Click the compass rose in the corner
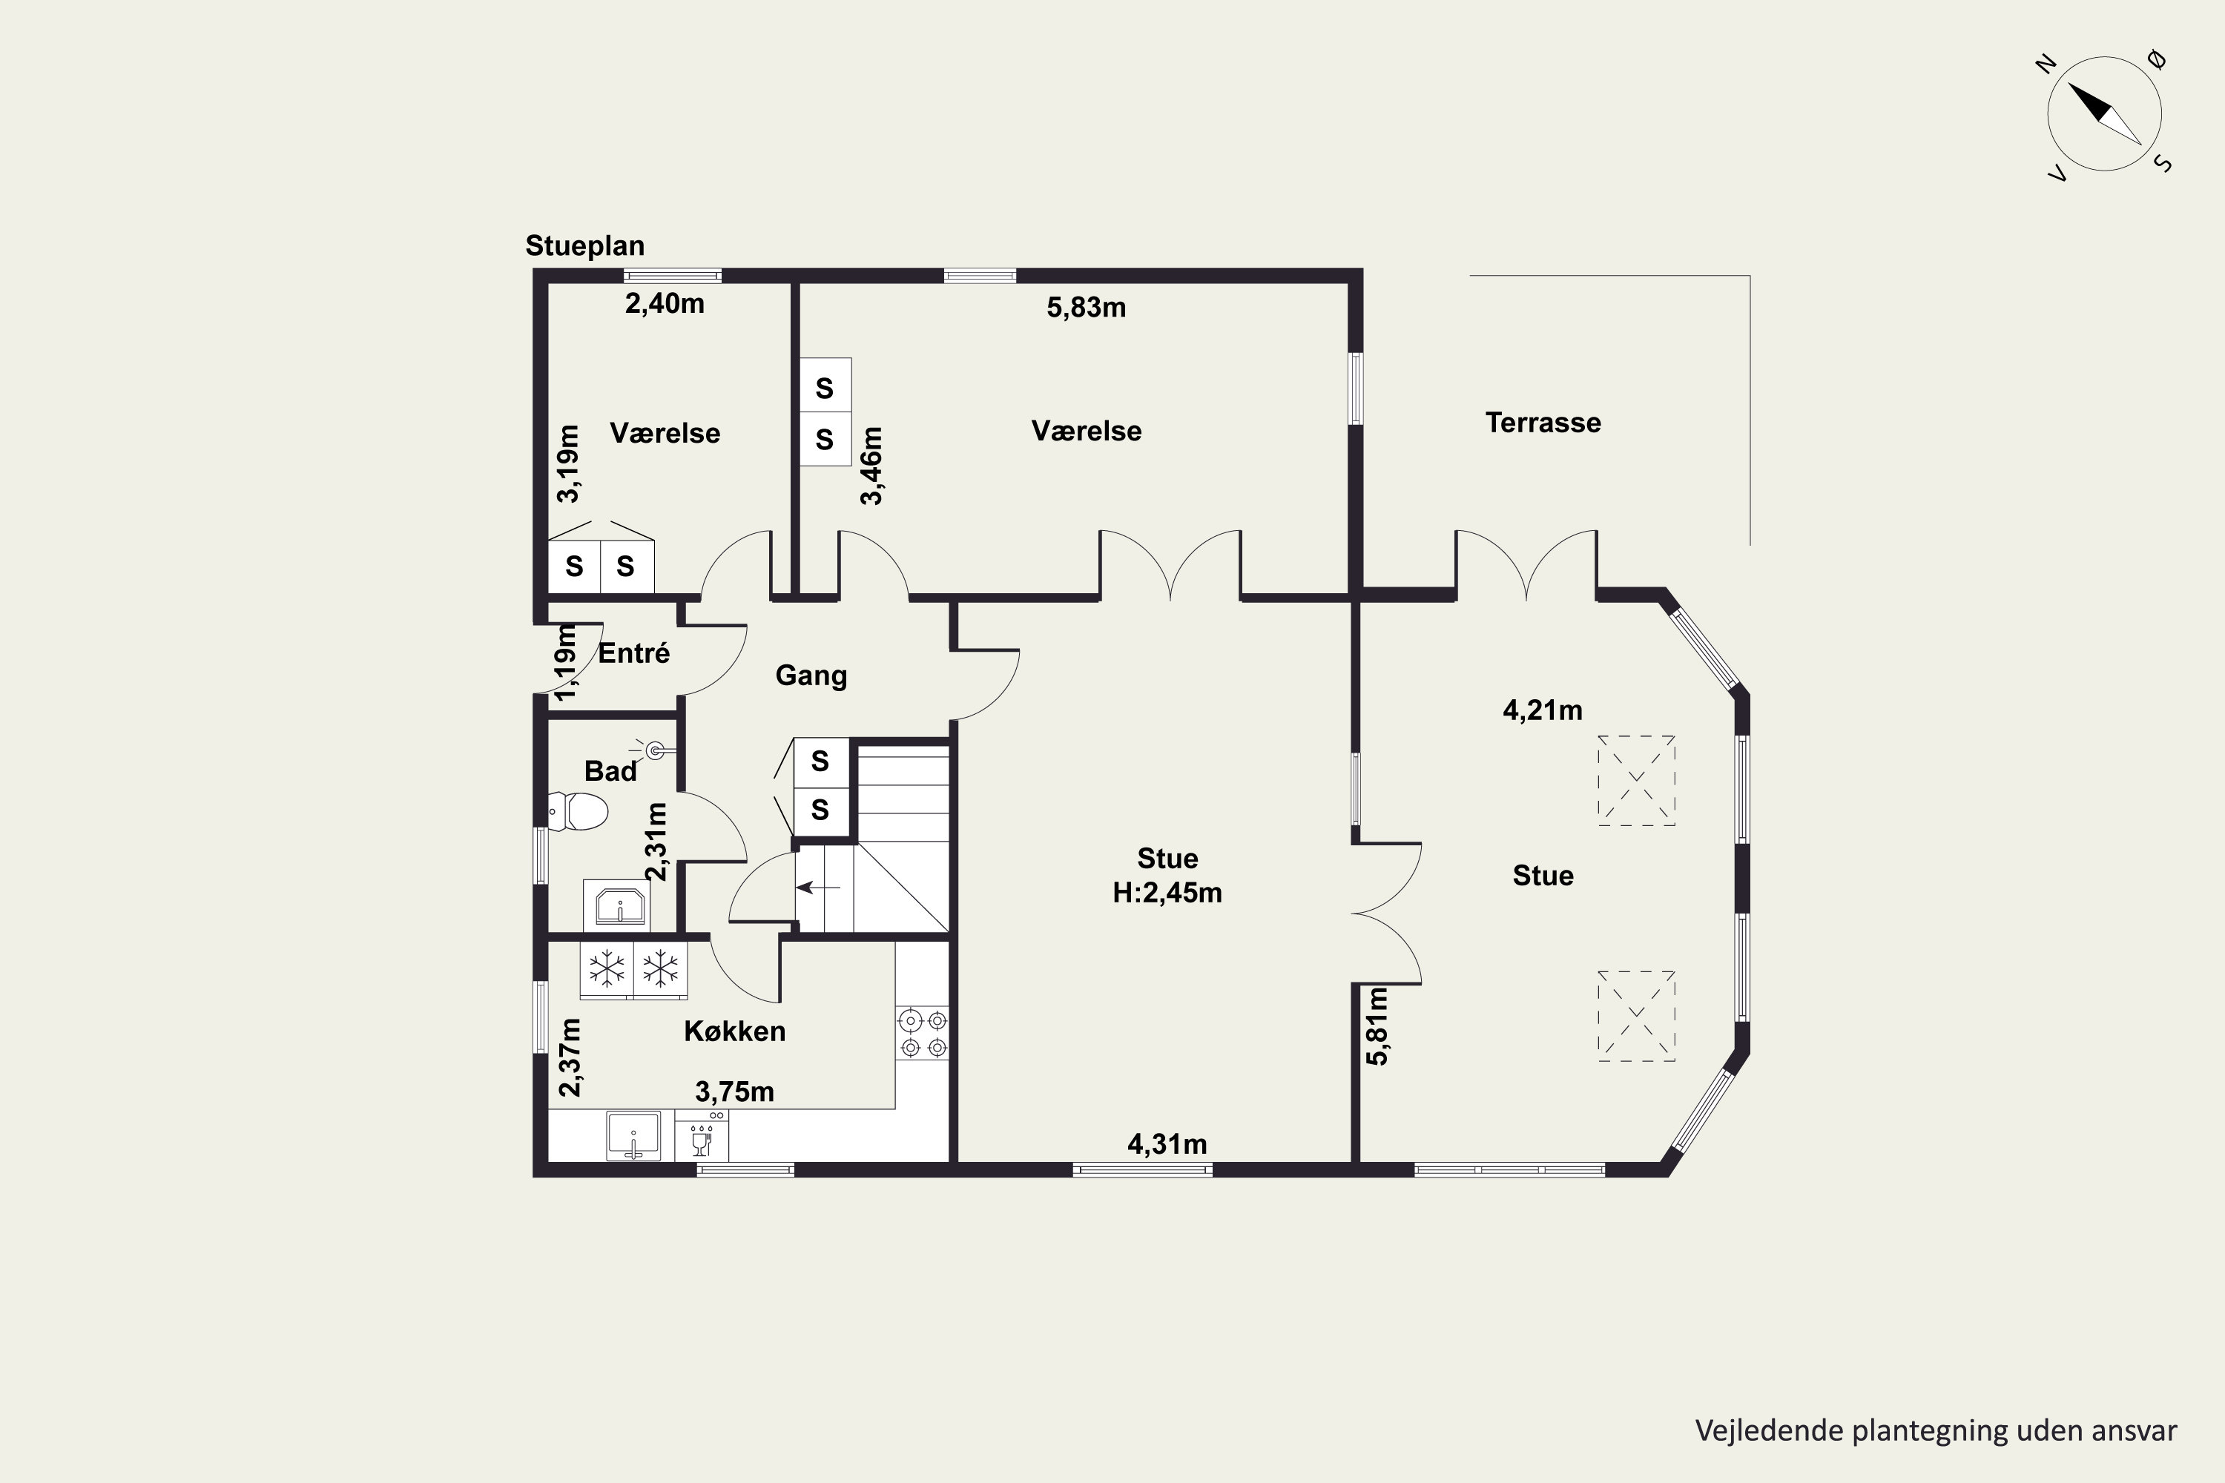point(2104,113)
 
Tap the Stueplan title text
point(584,246)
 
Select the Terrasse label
point(1543,423)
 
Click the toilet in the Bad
point(578,811)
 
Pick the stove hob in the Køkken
point(923,1033)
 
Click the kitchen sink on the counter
point(633,1135)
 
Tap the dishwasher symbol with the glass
point(702,1135)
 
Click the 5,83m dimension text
point(1086,308)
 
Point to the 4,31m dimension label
point(1167,1144)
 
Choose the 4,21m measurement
point(1542,710)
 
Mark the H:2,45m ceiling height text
point(1167,893)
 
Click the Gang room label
point(811,676)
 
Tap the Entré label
point(634,653)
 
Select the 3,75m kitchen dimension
point(734,1092)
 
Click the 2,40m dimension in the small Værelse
point(664,303)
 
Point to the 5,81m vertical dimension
point(1377,1026)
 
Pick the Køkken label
point(734,1031)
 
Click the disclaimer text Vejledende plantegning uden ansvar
point(1936,1431)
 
